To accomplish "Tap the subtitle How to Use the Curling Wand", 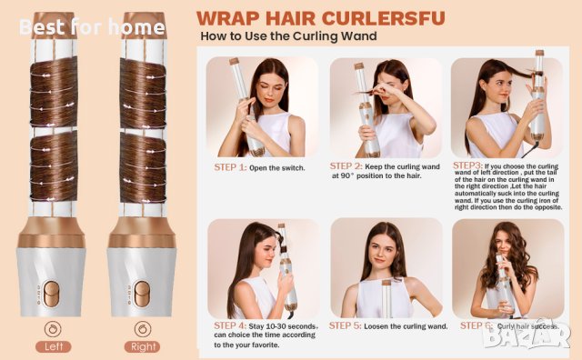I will coord(289,37).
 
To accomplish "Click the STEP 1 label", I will coord(231,167).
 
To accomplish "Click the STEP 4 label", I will coord(231,325).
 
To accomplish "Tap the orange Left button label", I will coord(54,346).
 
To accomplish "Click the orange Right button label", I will coord(143,346).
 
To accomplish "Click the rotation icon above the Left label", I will coord(54,327).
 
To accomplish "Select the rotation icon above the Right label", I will coord(143,327).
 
